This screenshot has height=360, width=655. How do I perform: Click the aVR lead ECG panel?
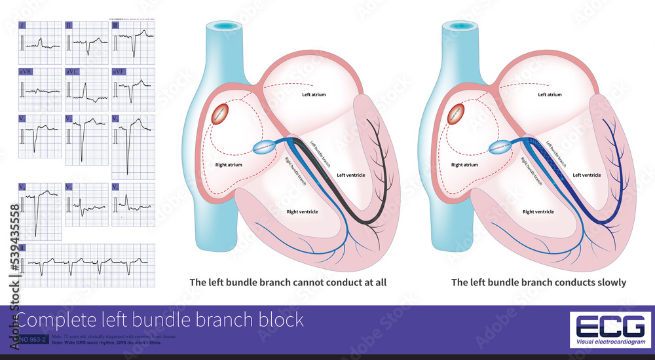coord(41,88)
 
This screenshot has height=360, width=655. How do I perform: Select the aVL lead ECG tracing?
coord(86,88)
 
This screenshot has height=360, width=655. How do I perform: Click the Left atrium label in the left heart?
coord(314,95)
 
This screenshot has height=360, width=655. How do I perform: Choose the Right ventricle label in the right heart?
coord(538,211)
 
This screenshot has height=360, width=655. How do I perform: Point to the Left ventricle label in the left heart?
coord(351,175)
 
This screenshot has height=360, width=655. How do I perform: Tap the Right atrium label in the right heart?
coord(465,165)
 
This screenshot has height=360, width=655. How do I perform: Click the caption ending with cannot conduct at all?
coord(288,283)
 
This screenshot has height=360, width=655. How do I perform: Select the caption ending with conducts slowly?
coord(538,283)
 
